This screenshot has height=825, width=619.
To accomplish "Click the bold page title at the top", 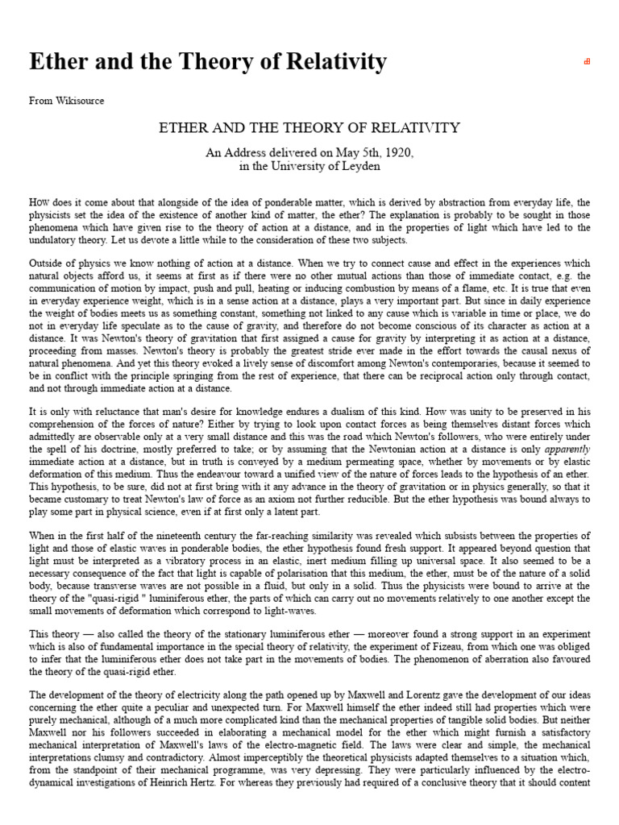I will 208,61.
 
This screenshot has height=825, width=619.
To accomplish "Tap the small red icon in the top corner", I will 587,61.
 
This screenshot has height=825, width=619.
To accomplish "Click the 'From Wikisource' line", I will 66,101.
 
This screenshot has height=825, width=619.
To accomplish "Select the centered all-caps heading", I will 309,127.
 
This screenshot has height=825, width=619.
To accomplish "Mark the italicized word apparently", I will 568,448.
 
